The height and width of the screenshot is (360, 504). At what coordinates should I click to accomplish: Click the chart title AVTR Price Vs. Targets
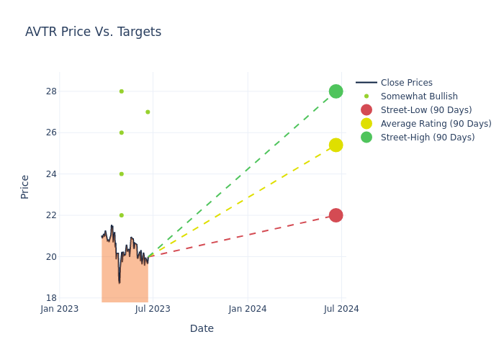coord(93,32)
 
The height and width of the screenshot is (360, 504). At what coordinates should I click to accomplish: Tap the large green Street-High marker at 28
coord(336,91)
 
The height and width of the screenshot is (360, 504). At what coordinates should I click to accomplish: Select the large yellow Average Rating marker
coord(336,145)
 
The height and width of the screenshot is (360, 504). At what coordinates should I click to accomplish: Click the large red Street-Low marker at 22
coord(336,215)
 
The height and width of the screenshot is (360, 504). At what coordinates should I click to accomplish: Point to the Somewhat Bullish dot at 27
coord(148,112)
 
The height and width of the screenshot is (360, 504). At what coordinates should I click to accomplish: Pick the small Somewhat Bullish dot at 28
coord(121,91)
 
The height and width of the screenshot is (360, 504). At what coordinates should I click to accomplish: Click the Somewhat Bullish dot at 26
coord(121,132)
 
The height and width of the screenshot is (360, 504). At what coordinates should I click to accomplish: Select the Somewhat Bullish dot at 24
coord(121,174)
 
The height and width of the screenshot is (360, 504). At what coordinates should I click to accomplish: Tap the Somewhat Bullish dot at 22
coord(121,215)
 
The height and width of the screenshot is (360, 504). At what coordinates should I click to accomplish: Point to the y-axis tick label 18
coord(51,298)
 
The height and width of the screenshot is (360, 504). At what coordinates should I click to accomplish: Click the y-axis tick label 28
coord(51,91)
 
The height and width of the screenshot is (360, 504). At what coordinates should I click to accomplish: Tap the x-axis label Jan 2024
coord(248,310)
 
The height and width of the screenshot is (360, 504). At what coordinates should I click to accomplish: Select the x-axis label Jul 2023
coord(153,310)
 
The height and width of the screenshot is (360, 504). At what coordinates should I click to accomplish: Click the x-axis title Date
coord(202,329)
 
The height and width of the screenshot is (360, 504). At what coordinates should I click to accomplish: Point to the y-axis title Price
coord(25,186)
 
